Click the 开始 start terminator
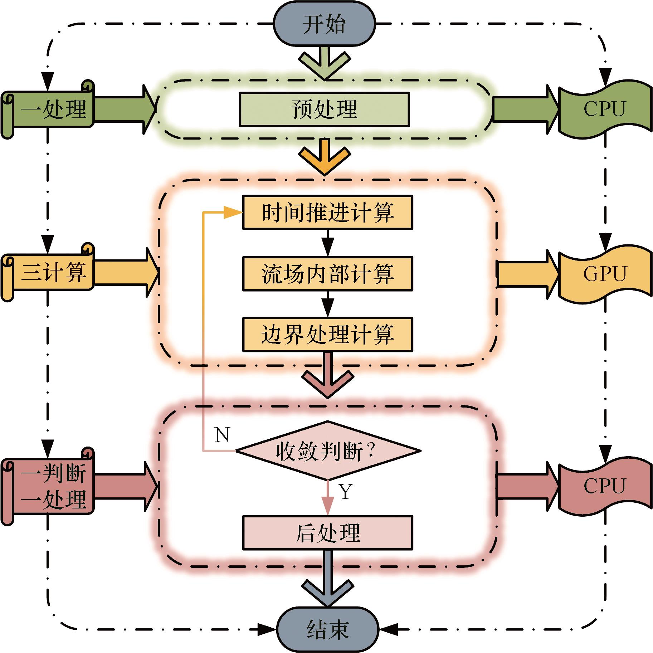[324, 24]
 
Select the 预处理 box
[324, 109]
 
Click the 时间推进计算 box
[327, 212]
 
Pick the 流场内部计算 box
[327, 273]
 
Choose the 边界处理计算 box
[327, 335]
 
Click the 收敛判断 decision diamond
[327, 451]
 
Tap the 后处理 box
[327, 532]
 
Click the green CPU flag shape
[605, 109]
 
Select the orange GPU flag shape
[605, 274]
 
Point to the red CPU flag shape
[605, 486]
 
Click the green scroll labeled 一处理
[48, 109]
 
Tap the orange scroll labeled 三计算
[48, 273]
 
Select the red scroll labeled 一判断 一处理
[48, 486]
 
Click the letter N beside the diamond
[222, 435]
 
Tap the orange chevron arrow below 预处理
[324, 157]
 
